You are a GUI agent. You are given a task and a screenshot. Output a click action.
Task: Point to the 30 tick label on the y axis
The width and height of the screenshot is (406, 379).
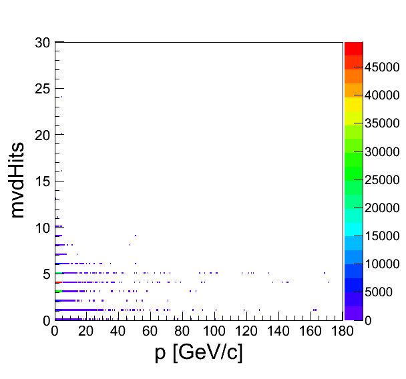tap(43, 43)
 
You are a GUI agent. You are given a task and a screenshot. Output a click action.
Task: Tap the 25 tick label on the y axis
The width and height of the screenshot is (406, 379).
tap(43, 89)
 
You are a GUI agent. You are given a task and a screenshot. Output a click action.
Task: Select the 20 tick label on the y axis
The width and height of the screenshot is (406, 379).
tap(43, 135)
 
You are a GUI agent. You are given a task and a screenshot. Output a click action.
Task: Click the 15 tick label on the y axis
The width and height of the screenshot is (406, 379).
tap(43, 181)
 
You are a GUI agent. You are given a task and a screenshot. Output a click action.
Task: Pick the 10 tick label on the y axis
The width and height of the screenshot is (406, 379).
tap(43, 228)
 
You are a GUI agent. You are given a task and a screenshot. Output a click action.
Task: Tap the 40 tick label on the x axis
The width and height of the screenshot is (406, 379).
tap(118, 331)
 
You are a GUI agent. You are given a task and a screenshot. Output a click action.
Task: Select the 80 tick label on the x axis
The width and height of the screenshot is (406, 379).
tap(182, 331)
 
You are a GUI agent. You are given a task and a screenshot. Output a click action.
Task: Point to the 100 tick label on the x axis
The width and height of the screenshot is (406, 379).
tap(214, 331)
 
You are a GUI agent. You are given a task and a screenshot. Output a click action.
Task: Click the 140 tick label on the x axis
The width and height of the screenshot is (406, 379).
tap(278, 331)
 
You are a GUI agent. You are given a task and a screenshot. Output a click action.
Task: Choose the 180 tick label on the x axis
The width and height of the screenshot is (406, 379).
tap(341, 331)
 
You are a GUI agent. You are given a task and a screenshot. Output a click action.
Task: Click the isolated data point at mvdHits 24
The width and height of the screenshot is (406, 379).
tap(61, 97)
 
